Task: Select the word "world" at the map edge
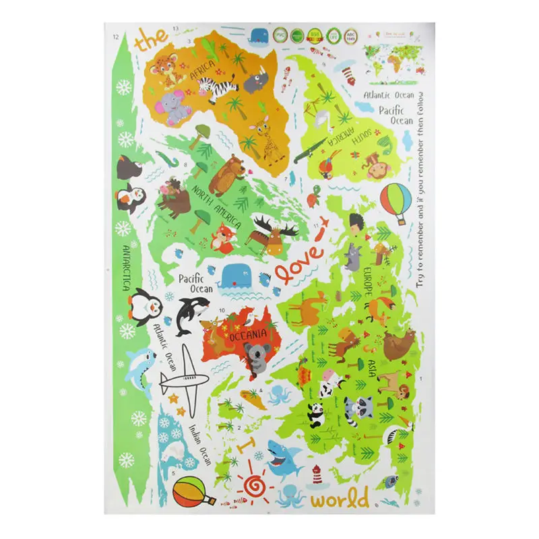tap(340, 499)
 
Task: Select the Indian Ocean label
tap(200, 444)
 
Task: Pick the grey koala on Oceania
tap(257, 354)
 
